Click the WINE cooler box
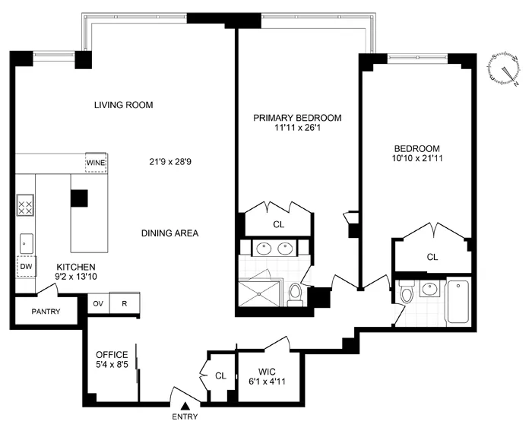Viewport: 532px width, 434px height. pyautogui.click(x=96, y=163)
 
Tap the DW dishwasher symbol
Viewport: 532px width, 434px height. pyautogui.click(x=25, y=267)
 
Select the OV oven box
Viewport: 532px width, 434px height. pyautogui.click(x=98, y=303)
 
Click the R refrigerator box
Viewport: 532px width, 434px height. pyautogui.click(x=124, y=303)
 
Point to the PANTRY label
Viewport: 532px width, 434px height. pyautogui.click(x=46, y=312)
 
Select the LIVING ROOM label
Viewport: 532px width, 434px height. pyautogui.click(x=124, y=105)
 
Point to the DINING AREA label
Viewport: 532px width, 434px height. pyautogui.click(x=169, y=233)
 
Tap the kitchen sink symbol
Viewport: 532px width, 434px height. pyautogui.click(x=25, y=242)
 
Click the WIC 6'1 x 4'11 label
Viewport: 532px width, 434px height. pyautogui.click(x=264, y=377)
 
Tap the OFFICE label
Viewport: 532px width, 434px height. pyautogui.click(x=112, y=355)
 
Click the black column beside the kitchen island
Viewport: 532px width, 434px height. pyautogui.click(x=79, y=198)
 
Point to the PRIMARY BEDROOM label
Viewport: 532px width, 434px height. pyautogui.click(x=297, y=118)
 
